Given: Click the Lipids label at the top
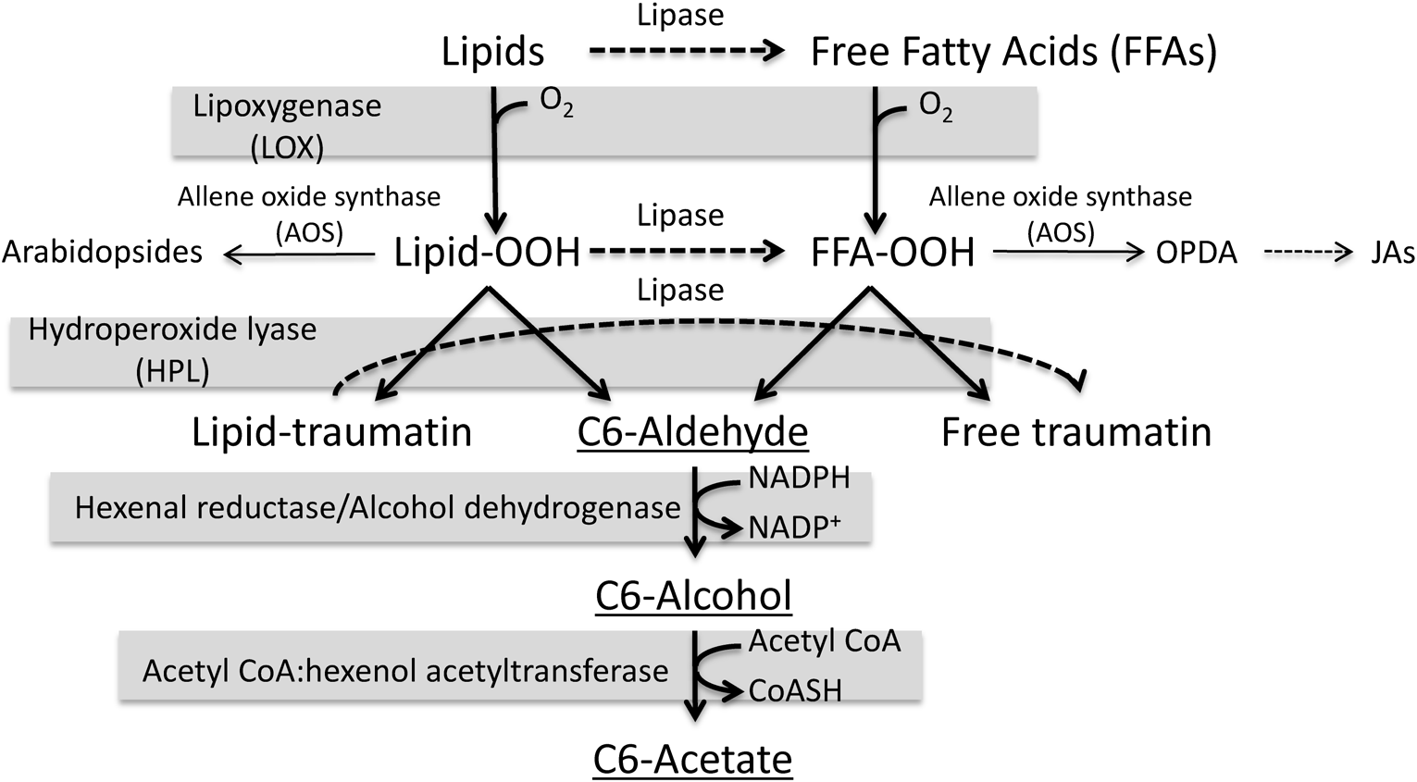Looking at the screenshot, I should coord(492,52).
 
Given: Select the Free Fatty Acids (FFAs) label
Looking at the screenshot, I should coord(1013,52).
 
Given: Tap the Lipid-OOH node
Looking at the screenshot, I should coord(487,253).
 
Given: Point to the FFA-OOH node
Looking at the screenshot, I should coord(892,253).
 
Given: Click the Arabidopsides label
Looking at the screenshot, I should coord(102,252).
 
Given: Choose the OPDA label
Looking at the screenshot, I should coord(1196,253).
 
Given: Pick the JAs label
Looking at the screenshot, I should coord(1392,253).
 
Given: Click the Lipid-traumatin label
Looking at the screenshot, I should coord(331,432).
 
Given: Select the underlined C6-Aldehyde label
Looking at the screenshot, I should coord(692,432).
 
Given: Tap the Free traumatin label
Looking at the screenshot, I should coord(1075,432).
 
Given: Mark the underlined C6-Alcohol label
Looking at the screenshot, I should coord(693,596).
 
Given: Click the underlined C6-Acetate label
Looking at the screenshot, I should coord(692,760).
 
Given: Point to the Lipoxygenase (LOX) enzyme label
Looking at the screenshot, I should coord(287,126).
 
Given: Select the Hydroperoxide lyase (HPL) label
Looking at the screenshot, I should coord(172,350).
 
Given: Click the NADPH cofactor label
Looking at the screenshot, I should coord(799,478).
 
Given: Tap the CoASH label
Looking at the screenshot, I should coord(795,690).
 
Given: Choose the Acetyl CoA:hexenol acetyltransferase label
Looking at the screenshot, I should coord(405,671).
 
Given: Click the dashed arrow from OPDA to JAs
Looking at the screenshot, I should coord(1308,253).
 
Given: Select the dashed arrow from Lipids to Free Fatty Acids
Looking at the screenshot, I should coord(686,52).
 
